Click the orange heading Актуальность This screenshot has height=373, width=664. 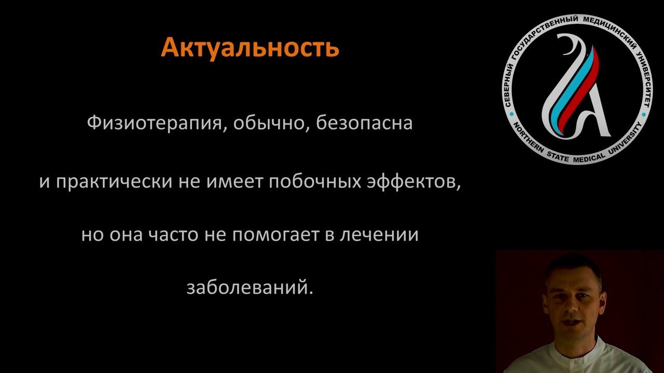[250, 48]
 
